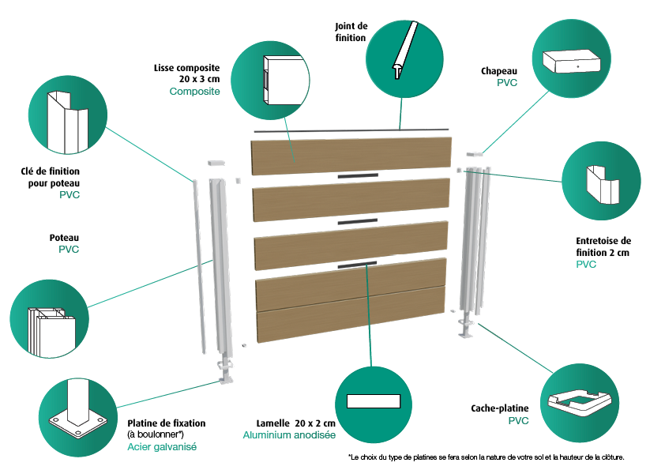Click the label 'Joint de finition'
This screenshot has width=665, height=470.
point(351,32)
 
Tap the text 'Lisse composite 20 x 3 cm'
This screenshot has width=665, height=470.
point(186,73)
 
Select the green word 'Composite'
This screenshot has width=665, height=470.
point(194,91)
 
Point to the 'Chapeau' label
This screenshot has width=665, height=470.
point(499,71)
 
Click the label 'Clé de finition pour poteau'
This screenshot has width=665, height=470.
point(50,177)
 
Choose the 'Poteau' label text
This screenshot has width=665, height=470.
point(64,238)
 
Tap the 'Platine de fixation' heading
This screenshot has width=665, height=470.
point(166,423)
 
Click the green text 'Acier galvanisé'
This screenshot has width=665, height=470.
point(162,446)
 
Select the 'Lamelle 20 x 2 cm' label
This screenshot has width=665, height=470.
point(295,423)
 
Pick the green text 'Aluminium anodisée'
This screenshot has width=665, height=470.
point(289,434)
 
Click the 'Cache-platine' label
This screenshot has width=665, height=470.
point(500,408)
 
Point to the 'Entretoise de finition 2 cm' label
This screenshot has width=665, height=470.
point(603,246)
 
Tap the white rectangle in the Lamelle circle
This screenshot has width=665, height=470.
point(374,401)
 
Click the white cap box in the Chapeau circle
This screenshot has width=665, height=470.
point(572,61)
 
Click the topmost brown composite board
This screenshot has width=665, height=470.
point(351,156)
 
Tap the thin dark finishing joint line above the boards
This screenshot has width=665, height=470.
point(351,130)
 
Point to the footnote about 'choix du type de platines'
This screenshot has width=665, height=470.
point(486,457)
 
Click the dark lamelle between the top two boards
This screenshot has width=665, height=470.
point(358,175)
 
